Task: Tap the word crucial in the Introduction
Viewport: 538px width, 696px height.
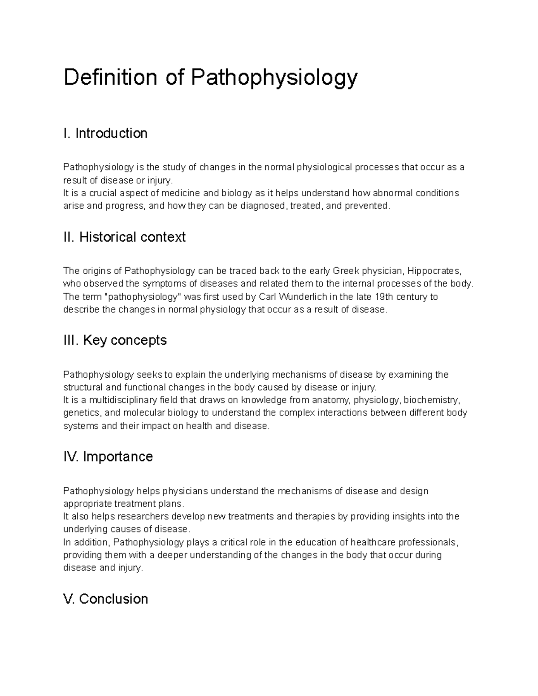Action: [103, 193]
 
